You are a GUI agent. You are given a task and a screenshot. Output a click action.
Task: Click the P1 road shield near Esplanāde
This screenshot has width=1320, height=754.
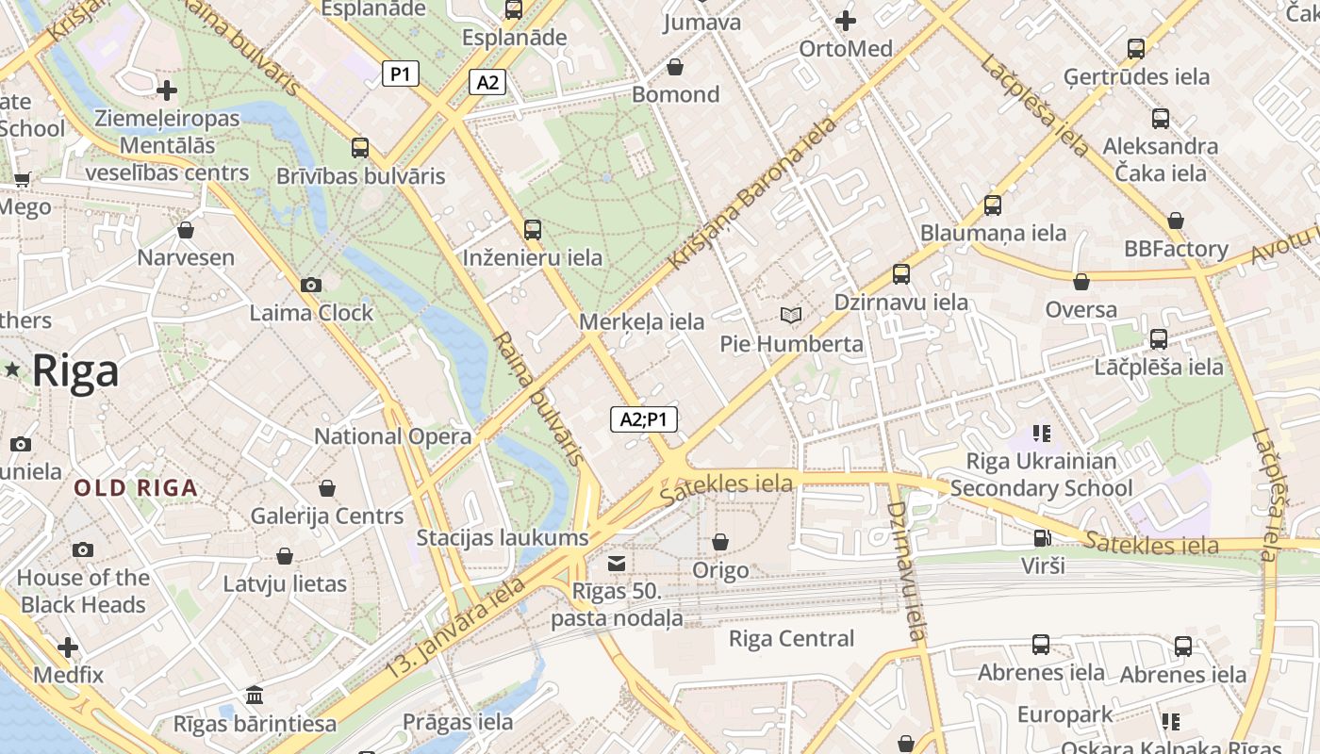401,74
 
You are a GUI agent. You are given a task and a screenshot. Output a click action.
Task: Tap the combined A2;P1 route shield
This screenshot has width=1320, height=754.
644,419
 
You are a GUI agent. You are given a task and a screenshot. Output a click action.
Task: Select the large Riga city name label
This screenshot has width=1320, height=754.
75,371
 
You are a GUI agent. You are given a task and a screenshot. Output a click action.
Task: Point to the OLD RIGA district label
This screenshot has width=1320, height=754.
136,488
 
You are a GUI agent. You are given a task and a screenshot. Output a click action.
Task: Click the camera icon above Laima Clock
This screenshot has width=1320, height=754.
310,285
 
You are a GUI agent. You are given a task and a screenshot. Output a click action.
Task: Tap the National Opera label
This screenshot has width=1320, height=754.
392,436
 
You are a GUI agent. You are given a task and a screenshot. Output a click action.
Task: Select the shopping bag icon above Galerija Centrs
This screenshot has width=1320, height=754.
326,488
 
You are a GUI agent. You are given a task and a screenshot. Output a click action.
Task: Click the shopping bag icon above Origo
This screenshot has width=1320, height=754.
720,542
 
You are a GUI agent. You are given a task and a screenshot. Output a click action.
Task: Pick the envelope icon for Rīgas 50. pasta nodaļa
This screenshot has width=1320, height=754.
617,564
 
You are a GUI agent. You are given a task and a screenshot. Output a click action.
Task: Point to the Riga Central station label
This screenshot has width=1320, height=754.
791,639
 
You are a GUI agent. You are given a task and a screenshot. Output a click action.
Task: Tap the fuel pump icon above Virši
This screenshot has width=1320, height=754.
1042,538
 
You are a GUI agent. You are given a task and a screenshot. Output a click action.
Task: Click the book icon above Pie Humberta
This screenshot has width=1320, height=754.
791,315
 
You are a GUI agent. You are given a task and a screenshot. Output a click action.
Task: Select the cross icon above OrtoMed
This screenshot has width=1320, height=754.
846,20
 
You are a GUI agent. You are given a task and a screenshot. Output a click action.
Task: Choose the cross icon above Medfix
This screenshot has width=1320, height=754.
68,647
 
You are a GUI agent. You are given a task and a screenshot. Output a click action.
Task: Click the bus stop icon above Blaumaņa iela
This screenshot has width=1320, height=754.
993,205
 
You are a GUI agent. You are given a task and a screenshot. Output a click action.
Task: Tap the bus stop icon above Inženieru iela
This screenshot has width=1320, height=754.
533,229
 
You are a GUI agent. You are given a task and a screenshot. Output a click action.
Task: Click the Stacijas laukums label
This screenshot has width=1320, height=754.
503,538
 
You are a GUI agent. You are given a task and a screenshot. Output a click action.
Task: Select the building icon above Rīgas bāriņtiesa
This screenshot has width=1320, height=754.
255,696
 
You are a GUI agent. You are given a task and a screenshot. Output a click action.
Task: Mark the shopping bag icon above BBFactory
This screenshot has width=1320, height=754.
1176,221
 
